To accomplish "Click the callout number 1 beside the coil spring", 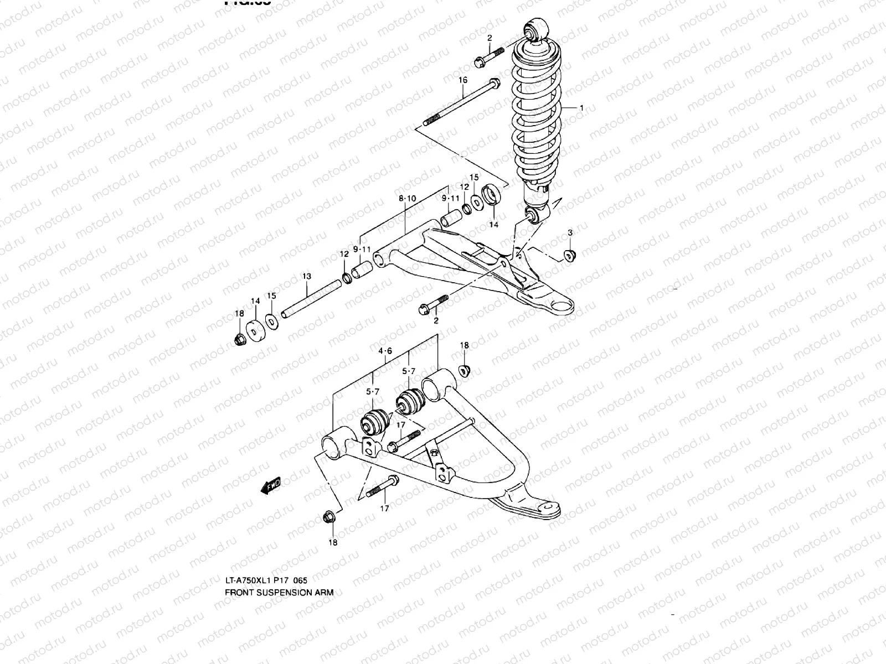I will (x=581, y=108).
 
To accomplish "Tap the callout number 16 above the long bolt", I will (x=463, y=80).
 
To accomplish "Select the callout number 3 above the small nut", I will (x=570, y=232).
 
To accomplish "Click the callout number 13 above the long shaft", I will (x=306, y=276).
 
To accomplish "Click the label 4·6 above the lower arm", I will (x=385, y=351).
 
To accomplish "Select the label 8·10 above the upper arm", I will (x=407, y=198).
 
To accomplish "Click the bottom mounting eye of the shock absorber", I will (x=534, y=215).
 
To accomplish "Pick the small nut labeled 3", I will (x=569, y=256).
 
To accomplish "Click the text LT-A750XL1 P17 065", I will (x=266, y=580).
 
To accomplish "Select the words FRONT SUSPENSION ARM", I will (x=279, y=592).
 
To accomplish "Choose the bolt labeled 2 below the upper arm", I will (x=434, y=304).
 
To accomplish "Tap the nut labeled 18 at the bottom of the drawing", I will (x=329, y=518).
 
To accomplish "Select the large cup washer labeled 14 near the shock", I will (x=492, y=195).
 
